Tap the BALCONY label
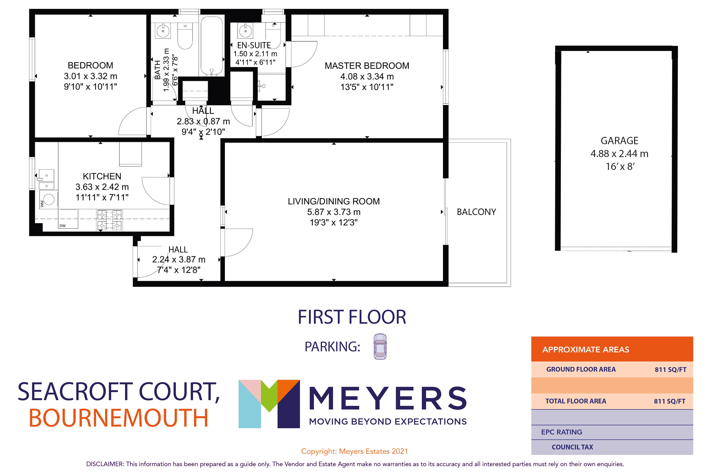(476, 212)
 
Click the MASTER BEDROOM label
(367, 66)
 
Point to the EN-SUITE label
(254, 45)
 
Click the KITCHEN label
(102, 176)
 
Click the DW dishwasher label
(62, 226)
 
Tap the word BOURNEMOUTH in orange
(119, 418)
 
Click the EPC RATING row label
(561, 432)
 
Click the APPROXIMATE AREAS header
(586, 350)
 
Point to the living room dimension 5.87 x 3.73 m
(334, 212)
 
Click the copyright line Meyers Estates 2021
(354, 451)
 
